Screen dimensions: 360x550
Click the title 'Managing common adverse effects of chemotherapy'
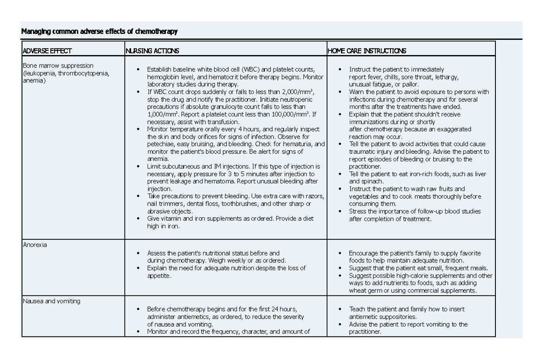tap(99, 32)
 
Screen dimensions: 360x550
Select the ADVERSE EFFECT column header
tap(47, 51)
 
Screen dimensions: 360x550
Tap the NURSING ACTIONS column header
tap(152, 51)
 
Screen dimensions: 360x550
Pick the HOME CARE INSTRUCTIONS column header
tap(367, 51)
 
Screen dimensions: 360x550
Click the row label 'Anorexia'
tap(35, 245)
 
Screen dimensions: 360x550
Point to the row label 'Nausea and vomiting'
tap(51, 301)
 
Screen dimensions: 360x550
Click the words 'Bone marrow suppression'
tap(58, 66)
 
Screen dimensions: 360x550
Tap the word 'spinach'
tap(372, 182)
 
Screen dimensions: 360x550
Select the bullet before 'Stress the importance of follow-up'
tap(340, 211)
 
